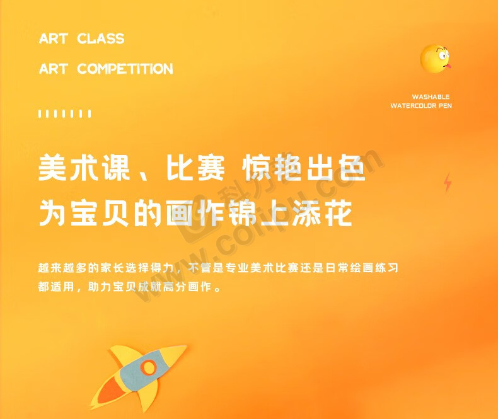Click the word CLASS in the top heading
pyautogui.click(x=101, y=38)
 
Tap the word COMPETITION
pyautogui.click(x=125, y=69)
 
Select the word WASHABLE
pyautogui.click(x=431, y=97)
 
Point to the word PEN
pyautogui.click(x=445, y=106)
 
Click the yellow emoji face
pyautogui.click(x=435, y=59)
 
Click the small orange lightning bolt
pyautogui.click(x=448, y=183)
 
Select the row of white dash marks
pyautogui.click(x=65, y=113)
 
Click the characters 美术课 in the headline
pyautogui.click(x=84, y=167)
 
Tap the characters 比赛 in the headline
pyautogui.click(x=195, y=167)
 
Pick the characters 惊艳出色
pyautogui.click(x=304, y=167)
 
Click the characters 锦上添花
pyautogui.click(x=290, y=213)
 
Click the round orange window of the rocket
pyautogui.click(x=148, y=367)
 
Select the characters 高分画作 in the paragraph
pyautogui.click(x=187, y=287)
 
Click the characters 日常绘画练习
pyautogui.click(x=362, y=268)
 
